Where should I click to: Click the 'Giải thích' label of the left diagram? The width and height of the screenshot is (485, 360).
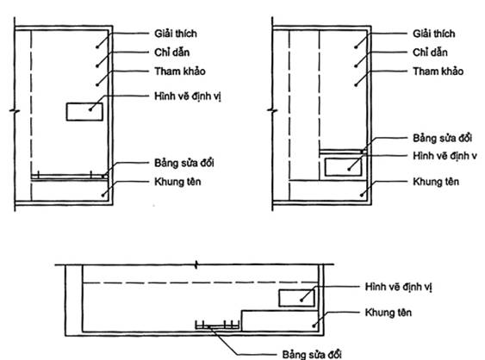[x=176, y=34]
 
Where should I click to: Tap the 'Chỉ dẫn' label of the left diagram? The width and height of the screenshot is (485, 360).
[x=172, y=53]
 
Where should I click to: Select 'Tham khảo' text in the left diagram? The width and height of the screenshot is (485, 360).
[x=180, y=71]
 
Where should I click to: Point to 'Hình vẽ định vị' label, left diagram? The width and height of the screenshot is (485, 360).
[x=188, y=96]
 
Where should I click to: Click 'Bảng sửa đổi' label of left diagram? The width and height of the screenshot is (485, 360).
[x=184, y=163]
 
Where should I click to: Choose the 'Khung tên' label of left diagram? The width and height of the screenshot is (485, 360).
[x=177, y=182]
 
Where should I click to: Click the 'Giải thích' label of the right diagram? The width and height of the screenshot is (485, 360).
[x=434, y=34]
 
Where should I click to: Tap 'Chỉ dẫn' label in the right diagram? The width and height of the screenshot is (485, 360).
[x=430, y=53]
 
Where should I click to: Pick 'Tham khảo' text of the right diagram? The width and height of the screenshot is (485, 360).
[x=438, y=71]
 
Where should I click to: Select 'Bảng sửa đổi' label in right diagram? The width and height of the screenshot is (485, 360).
[x=443, y=138]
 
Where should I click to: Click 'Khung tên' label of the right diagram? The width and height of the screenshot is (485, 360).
[x=436, y=182]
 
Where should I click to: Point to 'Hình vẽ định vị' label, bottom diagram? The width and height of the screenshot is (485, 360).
[x=398, y=287]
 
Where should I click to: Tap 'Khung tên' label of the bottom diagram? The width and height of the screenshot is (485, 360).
[x=389, y=313]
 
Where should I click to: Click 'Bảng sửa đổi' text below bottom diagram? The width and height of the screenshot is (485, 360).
[x=312, y=355]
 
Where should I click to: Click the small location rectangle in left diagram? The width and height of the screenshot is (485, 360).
[x=84, y=112]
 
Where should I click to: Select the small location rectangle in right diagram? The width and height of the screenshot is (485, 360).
[x=343, y=167]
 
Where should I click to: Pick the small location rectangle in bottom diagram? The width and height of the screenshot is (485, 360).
[x=297, y=298]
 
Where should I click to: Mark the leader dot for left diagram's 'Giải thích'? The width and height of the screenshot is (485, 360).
[x=97, y=47]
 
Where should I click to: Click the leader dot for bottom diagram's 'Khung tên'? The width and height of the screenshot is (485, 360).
[x=314, y=326]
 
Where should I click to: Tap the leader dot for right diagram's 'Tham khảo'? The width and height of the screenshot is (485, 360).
[x=356, y=84]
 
